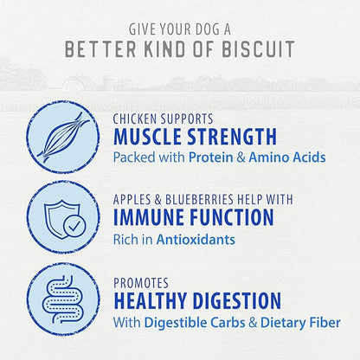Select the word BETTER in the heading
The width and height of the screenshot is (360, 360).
coord(100,48)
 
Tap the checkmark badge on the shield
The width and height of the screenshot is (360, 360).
coord(74,226)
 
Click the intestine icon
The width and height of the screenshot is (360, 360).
coord(62,299)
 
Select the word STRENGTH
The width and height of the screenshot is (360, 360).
coord(232,137)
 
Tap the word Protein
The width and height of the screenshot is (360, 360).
coord(210,157)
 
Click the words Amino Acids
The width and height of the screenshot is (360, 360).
coord(287,157)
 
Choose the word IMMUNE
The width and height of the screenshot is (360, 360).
coord(146,217)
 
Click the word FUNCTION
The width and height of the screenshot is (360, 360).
coord(229,217)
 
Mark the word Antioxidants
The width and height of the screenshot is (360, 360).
coord(196,240)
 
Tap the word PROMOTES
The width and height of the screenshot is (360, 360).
coord(141,283)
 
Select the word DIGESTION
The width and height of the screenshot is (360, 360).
coord(237,300)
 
